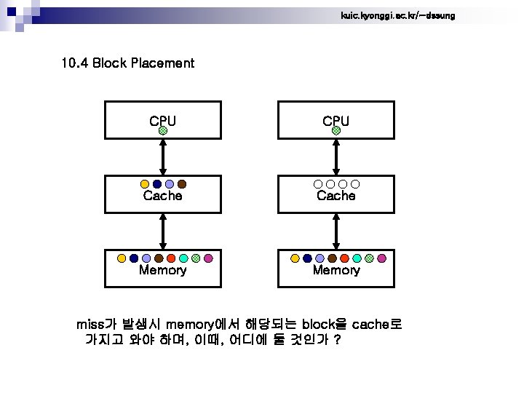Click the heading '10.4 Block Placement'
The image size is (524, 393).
[128, 63]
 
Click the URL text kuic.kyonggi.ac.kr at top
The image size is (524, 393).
[397, 15]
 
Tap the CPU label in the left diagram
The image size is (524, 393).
[162, 120]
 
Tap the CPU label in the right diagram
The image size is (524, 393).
[336, 120]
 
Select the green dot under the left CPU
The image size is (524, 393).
[163, 131]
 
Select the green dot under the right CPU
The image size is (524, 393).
[336, 131]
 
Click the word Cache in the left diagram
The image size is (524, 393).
[162, 196]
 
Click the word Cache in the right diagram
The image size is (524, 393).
[336, 196]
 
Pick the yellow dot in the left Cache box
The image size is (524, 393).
[145, 184]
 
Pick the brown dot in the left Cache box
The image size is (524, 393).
[182, 184]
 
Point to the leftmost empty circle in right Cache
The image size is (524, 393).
[318, 184]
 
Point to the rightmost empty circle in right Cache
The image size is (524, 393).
[356, 184]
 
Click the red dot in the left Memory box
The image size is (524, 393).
[171, 258]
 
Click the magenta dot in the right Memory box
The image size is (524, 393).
[381, 258]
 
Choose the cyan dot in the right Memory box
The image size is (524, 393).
[357, 258]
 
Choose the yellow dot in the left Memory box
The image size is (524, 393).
[122, 258]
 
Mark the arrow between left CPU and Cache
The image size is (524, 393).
[163, 155]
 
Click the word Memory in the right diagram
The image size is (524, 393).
[336, 270]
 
